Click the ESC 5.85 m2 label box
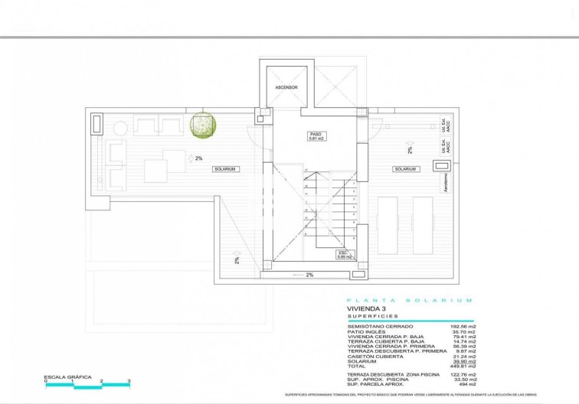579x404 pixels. point(344,255)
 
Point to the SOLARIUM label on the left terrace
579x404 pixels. point(225,168)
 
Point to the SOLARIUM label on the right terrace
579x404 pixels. point(405,168)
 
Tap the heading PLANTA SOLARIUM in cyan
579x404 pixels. point(410,300)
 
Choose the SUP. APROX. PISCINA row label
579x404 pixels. point(375,378)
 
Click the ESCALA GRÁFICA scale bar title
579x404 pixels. point(69,376)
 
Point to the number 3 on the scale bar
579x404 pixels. point(129,381)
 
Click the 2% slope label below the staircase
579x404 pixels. point(309,275)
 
